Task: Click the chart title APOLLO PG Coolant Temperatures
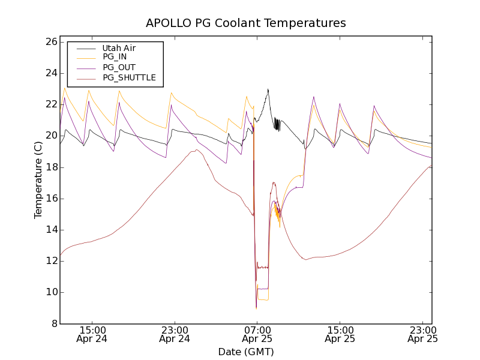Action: [x=246, y=23]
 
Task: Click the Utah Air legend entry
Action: [x=119, y=48]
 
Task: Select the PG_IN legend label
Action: [x=115, y=57]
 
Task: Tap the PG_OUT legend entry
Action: [x=118, y=67]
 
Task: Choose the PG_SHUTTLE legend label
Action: [x=128, y=77]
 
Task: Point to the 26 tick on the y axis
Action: [x=50, y=42]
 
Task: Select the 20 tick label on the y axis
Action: [x=50, y=136]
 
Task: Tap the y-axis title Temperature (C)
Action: [x=38, y=180]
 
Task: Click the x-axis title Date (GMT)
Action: [x=246, y=352]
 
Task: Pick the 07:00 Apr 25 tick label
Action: [x=257, y=334]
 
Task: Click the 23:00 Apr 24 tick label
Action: [x=175, y=334]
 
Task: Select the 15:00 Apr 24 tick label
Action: [x=92, y=334]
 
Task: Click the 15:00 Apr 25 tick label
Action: [x=340, y=334]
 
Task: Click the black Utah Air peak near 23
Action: [x=268, y=89]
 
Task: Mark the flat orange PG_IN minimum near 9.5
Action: [x=263, y=299]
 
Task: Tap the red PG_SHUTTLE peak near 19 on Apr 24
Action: [x=196, y=150]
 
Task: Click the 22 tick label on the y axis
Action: [x=50, y=104]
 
